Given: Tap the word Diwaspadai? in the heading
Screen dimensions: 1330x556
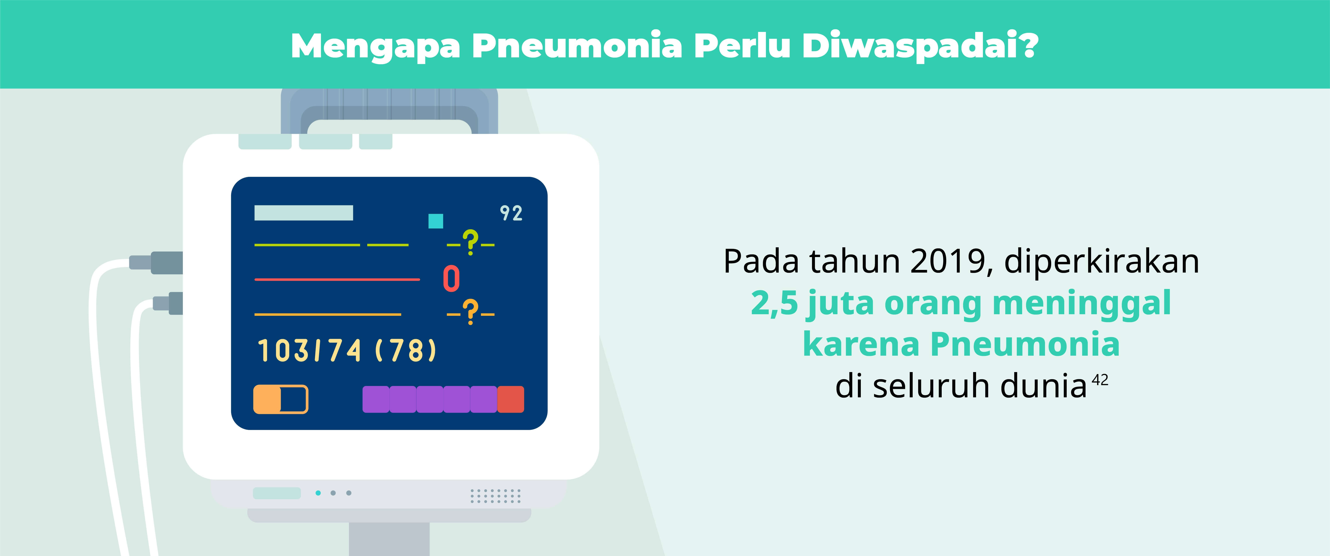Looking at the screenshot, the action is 920,45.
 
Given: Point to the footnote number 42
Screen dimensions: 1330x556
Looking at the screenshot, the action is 1100,380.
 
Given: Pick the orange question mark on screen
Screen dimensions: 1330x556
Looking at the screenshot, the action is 470,312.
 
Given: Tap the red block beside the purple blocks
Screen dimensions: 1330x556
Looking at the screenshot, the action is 511,399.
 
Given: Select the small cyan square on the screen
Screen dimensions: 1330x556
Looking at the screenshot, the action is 436,221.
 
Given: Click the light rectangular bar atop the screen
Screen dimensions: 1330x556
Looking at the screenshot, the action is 304,213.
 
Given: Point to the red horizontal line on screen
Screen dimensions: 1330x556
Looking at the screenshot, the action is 337,279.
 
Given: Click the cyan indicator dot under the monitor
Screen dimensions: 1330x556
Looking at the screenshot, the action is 318,493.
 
